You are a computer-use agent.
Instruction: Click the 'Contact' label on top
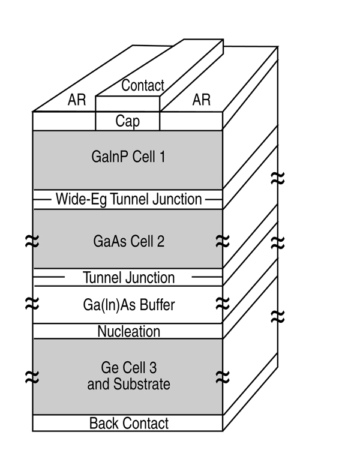tap(143, 85)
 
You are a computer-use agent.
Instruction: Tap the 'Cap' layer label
tap(127, 121)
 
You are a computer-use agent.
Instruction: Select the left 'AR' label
tap(77, 100)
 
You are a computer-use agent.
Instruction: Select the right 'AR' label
tap(201, 100)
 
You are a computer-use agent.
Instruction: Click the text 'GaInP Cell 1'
tap(128, 157)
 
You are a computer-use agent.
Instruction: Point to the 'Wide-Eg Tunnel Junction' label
tap(128, 199)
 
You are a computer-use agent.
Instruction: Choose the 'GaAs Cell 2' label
tap(128, 241)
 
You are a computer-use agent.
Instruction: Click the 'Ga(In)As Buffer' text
tap(129, 305)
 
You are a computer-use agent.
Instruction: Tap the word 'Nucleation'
tap(129, 331)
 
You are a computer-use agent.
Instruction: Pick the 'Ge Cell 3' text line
tap(129, 367)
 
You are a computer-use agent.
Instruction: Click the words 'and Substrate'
tap(128, 384)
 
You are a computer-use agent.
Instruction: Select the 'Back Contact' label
tap(129, 423)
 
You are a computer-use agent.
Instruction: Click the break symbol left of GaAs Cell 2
tap(32, 241)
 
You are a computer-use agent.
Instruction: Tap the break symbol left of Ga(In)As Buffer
tap(32, 304)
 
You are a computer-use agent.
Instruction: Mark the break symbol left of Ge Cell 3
tap(32, 377)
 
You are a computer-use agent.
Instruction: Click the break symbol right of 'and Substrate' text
tap(223, 377)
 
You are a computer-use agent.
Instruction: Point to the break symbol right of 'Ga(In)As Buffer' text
tap(223, 304)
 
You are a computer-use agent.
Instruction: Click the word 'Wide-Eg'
tap(81, 199)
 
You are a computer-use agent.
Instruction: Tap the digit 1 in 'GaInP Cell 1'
tap(163, 157)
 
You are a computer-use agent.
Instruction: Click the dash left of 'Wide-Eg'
tap(42, 200)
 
